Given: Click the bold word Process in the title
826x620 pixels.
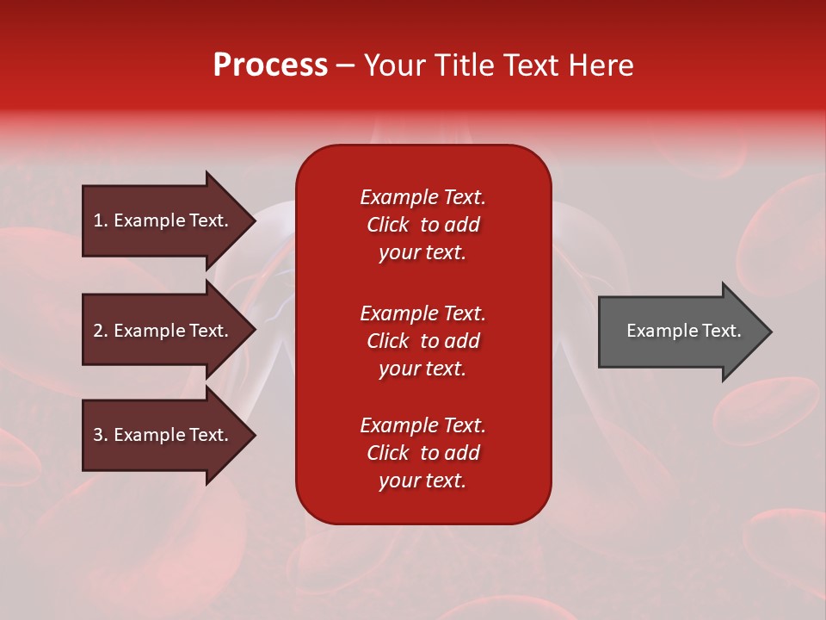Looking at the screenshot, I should pos(270,65).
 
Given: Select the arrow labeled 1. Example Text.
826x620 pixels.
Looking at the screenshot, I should pos(163,220).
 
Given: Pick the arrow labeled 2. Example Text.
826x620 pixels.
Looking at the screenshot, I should pos(163,331).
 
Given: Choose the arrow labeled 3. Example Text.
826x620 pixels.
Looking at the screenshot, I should pos(163,435).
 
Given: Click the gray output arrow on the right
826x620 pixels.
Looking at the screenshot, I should pos(680,331).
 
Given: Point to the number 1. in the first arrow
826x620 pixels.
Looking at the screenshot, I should pos(101,220).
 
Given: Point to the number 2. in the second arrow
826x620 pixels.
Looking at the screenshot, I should pos(101,331).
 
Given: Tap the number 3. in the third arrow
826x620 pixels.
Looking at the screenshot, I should pos(101,435).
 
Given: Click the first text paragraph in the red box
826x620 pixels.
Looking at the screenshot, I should pos(422,225).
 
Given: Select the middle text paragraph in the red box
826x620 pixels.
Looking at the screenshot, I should pos(422,341).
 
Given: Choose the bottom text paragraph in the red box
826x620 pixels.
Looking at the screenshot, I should pos(422,453).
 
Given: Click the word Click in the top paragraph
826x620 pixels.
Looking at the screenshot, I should pos(387,225).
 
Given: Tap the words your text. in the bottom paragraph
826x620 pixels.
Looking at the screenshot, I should pos(422,480).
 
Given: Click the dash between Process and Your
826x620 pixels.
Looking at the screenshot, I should pos(345,66).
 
